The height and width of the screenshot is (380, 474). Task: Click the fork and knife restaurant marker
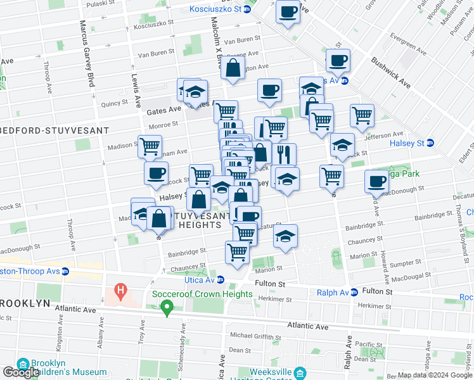tap(285, 154)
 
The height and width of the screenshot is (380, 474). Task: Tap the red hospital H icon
tap(120, 292)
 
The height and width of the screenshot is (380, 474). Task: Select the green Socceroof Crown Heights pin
tap(167, 308)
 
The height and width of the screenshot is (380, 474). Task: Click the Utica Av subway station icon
tap(221, 280)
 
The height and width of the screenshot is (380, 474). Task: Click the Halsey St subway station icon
tap(430, 143)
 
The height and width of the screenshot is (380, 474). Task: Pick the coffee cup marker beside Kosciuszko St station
tap(288, 12)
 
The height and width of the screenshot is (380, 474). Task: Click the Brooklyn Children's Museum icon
tap(24, 364)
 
